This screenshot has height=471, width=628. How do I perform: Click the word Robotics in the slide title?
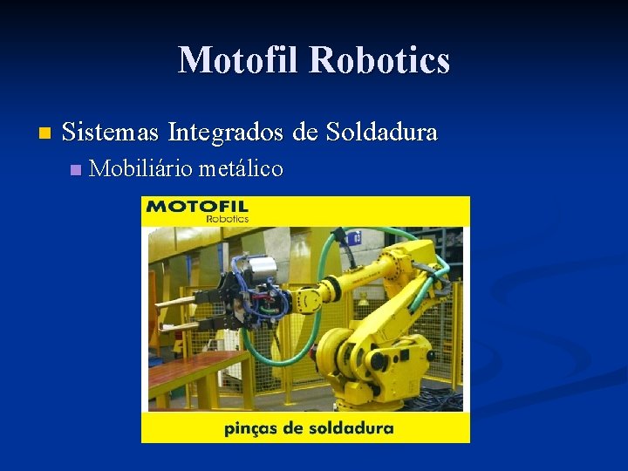coord(379,61)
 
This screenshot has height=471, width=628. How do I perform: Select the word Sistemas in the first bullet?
coord(112,133)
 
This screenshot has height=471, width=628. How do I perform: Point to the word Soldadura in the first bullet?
coord(382,133)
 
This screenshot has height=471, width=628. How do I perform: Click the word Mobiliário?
coord(140,168)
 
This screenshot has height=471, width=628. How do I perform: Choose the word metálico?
coord(241,168)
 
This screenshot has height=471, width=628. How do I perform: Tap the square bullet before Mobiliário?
coord(74,169)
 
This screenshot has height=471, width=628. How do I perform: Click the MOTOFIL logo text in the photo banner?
coord(198,207)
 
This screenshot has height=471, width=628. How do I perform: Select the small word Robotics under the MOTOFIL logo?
coord(228,219)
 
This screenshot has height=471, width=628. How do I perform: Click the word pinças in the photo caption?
coord(251,428)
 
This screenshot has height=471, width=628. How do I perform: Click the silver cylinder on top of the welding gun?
coord(259,266)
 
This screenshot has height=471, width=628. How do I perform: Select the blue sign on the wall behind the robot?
coord(354,237)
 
